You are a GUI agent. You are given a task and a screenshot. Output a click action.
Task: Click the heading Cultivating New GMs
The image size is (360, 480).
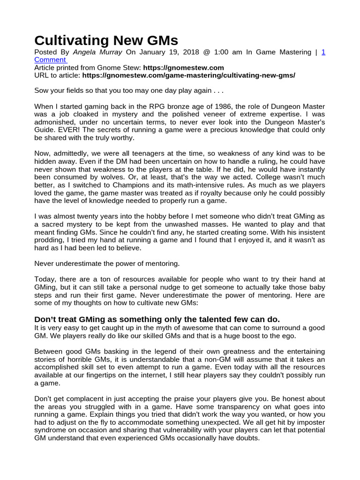106,40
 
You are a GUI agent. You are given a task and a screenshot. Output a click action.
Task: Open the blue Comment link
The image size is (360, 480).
50,60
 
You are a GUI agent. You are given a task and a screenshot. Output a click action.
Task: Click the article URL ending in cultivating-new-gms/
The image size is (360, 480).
189,75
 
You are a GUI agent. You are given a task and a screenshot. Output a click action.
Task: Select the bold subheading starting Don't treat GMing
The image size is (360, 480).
157,319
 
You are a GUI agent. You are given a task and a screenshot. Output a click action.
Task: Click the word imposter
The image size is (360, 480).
305,422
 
